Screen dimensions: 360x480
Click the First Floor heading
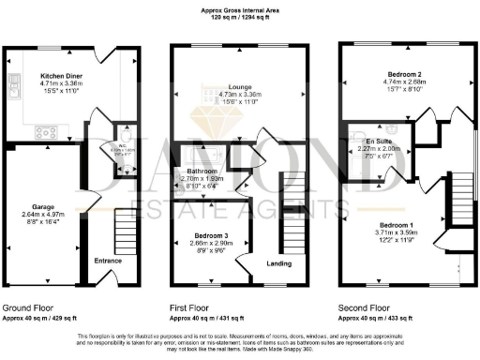click(193, 306)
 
